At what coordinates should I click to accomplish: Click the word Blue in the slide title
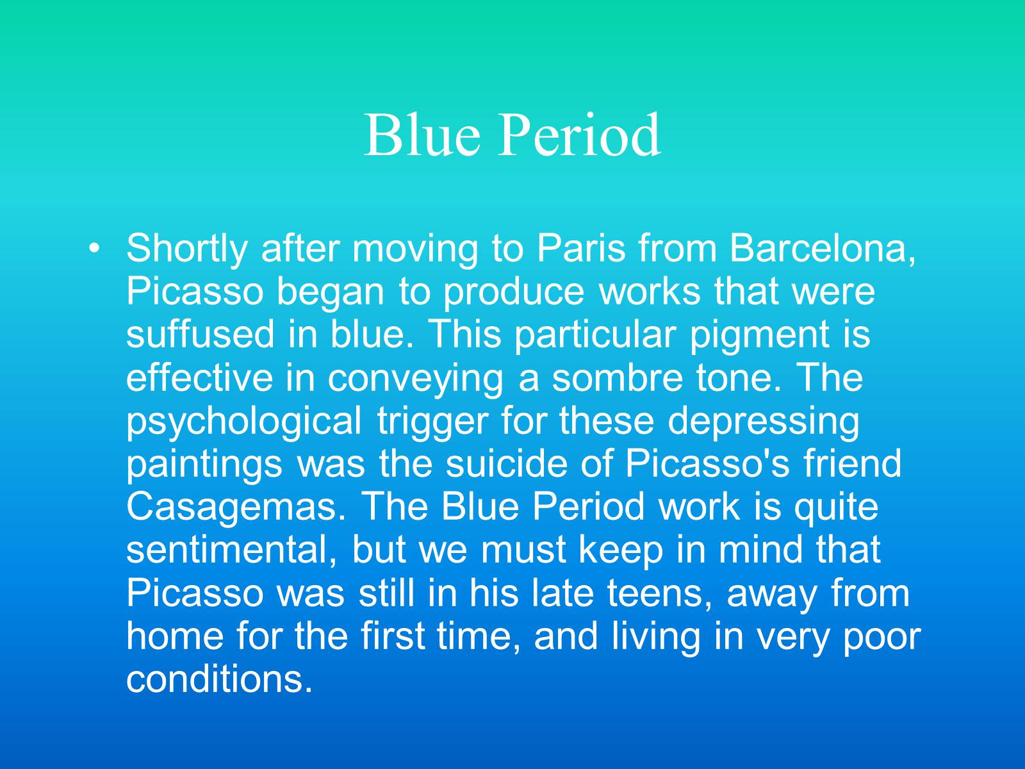coord(422,135)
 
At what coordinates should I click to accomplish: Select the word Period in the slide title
coord(580,135)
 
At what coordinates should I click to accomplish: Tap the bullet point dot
coord(94,249)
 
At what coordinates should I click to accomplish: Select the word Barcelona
coord(823,249)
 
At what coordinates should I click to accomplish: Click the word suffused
coord(200,334)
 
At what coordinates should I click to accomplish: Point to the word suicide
coord(506,463)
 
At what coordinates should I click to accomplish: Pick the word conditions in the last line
coord(219,679)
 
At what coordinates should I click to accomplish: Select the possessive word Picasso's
coord(707,463)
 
